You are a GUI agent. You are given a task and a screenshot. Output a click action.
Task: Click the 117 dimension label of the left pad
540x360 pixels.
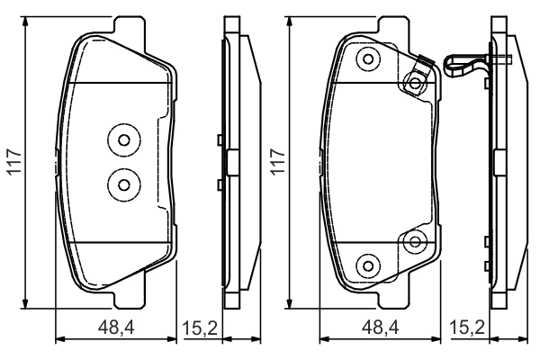15,162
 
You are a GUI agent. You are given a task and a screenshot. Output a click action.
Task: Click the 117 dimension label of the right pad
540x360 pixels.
278,162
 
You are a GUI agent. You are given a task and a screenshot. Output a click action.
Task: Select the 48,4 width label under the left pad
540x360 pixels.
116,328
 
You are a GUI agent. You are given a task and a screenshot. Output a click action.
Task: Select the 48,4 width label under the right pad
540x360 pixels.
380,328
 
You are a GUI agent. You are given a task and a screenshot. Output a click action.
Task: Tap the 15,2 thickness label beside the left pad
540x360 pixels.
200,328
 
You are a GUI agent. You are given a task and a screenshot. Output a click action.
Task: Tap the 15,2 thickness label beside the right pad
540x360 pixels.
467,328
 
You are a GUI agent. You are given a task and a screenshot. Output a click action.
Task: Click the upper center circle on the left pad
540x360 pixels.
124,140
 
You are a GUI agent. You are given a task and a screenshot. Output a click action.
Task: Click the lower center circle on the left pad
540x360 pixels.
124,185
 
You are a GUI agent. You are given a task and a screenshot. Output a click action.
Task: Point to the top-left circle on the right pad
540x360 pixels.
368,59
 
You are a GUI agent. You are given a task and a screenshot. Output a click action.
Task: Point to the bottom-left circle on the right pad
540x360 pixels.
368,266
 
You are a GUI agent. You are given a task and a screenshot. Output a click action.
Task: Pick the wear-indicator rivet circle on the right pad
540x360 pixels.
415,83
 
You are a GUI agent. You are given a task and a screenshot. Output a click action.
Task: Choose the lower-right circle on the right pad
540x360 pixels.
415,242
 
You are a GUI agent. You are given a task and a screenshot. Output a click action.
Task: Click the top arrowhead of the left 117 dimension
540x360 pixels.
25,22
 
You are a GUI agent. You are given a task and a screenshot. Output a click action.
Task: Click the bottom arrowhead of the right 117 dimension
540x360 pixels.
290,303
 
